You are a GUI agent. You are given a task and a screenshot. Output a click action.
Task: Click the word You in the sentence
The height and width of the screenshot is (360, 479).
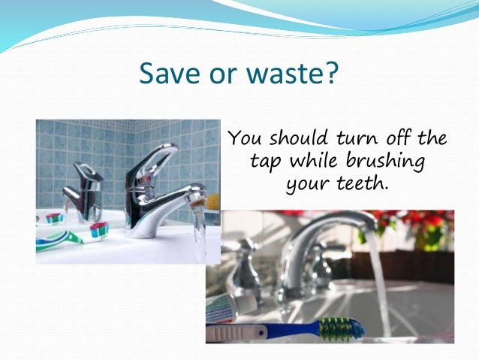(x=245, y=138)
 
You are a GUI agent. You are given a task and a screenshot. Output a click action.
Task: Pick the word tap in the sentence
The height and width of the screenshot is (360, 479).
(x=264, y=161)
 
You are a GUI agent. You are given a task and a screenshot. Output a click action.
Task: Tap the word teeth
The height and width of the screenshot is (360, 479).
(x=363, y=183)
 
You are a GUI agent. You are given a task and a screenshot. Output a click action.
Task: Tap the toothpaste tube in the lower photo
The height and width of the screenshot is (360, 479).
(x=231, y=307)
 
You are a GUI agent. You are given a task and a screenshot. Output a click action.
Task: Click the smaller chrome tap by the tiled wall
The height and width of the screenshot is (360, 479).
(x=83, y=192)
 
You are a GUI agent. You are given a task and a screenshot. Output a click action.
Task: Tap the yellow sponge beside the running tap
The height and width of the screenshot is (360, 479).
(x=213, y=202)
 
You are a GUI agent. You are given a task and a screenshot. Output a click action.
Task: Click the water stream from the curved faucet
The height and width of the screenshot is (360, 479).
(x=379, y=281)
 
